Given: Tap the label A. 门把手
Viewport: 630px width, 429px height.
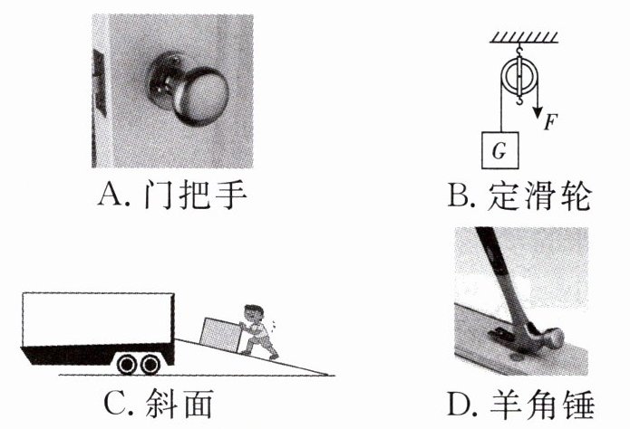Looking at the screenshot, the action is click(x=172, y=195).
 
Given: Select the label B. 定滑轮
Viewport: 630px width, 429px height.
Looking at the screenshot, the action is click(x=519, y=196).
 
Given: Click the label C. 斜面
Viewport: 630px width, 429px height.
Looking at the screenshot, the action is click(x=158, y=405).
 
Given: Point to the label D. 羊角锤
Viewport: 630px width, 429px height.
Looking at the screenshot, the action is click(x=520, y=405).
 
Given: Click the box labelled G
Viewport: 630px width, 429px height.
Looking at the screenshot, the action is click(x=499, y=150).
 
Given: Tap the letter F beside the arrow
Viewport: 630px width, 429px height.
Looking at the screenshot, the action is click(x=550, y=122).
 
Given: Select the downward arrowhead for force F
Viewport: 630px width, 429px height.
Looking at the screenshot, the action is click(x=538, y=112).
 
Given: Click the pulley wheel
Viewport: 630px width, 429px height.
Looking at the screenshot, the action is click(x=519, y=76).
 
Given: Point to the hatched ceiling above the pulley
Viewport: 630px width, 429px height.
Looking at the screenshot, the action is click(x=524, y=38).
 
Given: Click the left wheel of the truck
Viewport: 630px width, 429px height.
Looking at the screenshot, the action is click(x=128, y=364).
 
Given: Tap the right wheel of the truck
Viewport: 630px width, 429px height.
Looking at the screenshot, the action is click(x=150, y=364).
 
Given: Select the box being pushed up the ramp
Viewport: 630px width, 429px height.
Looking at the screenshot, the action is click(x=221, y=335).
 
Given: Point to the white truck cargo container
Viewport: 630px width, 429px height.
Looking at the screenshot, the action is click(x=98, y=319).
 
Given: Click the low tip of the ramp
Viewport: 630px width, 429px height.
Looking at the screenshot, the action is click(x=334, y=376).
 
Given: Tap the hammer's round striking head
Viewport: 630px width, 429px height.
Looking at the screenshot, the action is click(x=553, y=338).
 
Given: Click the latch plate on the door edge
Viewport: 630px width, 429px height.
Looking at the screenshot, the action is click(x=99, y=83).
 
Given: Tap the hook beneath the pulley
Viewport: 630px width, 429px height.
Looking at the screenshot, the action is click(x=519, y=100).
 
